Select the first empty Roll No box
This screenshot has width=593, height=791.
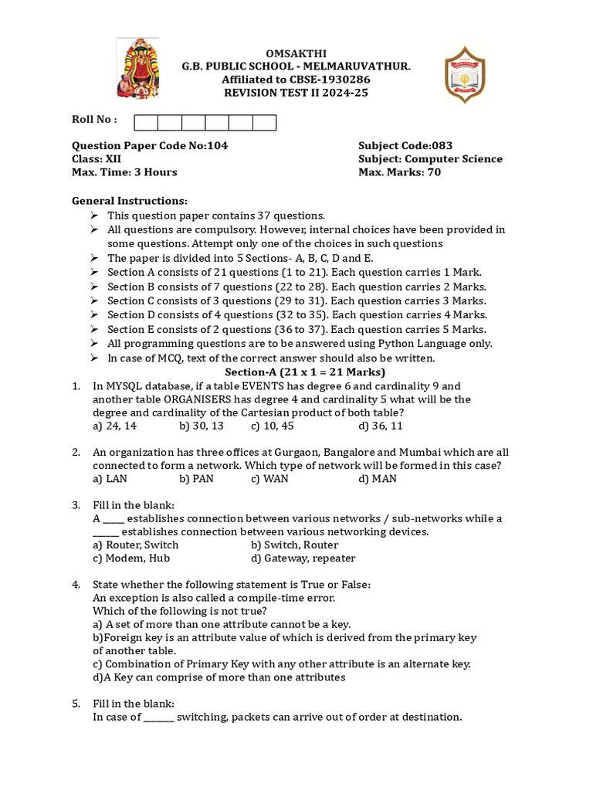click(146, 123)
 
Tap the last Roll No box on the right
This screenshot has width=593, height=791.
click(264, 123)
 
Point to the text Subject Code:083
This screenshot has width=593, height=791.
click(405, 145)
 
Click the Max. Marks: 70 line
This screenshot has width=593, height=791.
click(399, 172)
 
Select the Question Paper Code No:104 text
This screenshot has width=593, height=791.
click(150, 145)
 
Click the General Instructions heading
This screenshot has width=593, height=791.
click(129, 201)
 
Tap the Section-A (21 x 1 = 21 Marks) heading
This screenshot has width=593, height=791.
click(296, 372)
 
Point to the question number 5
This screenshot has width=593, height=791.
click(76, 704)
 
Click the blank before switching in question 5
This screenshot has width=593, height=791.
click(159, 718)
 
